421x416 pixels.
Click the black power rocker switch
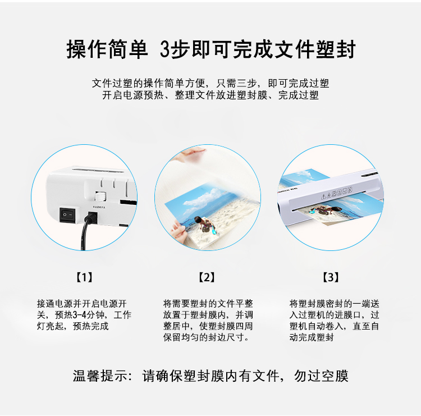click(x=67, y=214)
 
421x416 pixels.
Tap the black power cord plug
click(x=91, y=217)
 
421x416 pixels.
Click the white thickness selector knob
click(x=100, y=196)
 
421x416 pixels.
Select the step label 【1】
click(x=85, y=277)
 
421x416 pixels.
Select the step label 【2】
click(x=207, y=277)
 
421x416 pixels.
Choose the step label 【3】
click(x=331, y=277)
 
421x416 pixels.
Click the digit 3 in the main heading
click(x=165, y=49)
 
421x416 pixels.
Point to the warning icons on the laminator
click(x=336, y=193)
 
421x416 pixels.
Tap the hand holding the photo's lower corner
click(x=179, y=229)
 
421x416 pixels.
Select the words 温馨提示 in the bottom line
click(x=100, y=376)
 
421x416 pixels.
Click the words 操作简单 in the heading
click(x=107, y=49)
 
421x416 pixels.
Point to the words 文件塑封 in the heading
click(x=315, y=49)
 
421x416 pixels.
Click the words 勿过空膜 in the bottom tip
click(x=321, y=376)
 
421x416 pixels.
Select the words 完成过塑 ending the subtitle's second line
click(x=298, y=95)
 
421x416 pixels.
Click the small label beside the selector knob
click(x=99, y=207)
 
